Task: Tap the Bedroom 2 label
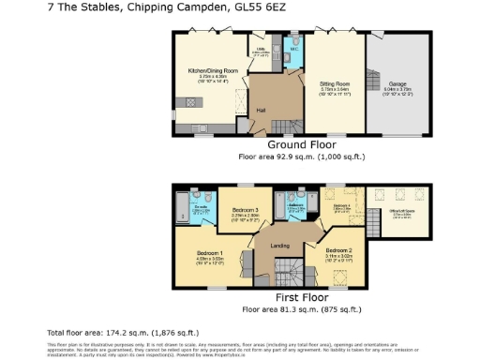(337, 250)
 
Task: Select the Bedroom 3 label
(244, 211)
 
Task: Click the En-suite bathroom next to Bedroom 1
(200, 210)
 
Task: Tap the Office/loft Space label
(403, 212)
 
